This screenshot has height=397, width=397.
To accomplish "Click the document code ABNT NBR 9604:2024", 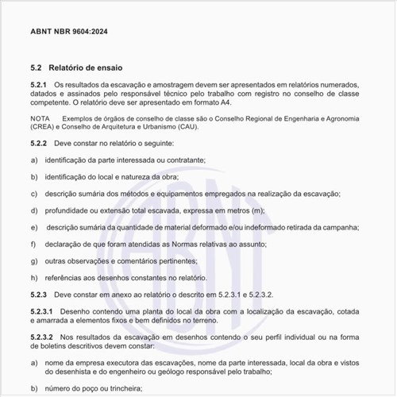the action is pyautogui.click(x=69, y=31).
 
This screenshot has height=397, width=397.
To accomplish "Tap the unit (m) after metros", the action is pyautogui.click(x=257, y=210).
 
